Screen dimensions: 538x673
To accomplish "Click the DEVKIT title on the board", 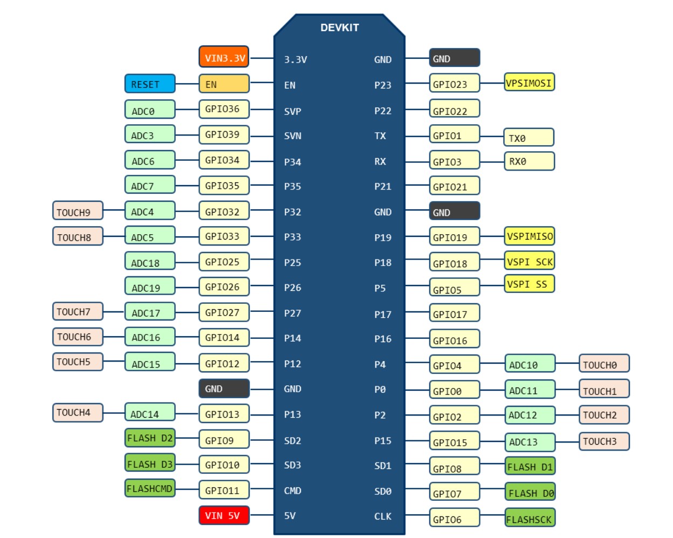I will click(339, 28).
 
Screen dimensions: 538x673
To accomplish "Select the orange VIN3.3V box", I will click(224, 57).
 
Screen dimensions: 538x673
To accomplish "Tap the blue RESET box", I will click(150, 84).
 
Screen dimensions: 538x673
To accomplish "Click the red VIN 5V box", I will click(224, 515).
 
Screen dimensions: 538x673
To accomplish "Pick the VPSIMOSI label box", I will click(529, 83).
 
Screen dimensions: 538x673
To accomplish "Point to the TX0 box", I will click(528, 138).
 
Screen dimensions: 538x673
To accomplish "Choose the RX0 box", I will click(529, 161).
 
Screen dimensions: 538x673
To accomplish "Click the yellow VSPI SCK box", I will click(529, 261).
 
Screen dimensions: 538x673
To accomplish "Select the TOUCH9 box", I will click(78, 211).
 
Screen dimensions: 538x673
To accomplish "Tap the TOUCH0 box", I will click(604, 364).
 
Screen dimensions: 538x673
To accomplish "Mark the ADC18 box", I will click(150, 262).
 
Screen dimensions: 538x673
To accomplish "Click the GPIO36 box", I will click(224, 109).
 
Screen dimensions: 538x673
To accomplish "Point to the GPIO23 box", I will click(454, 84).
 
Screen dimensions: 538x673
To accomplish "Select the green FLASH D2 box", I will click(150, 438).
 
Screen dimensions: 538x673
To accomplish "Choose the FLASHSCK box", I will click(530, 519).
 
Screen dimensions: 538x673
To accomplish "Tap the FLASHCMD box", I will click(150, 488).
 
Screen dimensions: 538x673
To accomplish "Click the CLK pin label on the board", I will click(382, 516).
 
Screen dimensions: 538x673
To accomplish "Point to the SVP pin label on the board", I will click(292, 111).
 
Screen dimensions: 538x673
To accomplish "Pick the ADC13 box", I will click(530, 442).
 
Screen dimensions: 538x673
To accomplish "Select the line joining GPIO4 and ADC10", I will click(492, 364).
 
